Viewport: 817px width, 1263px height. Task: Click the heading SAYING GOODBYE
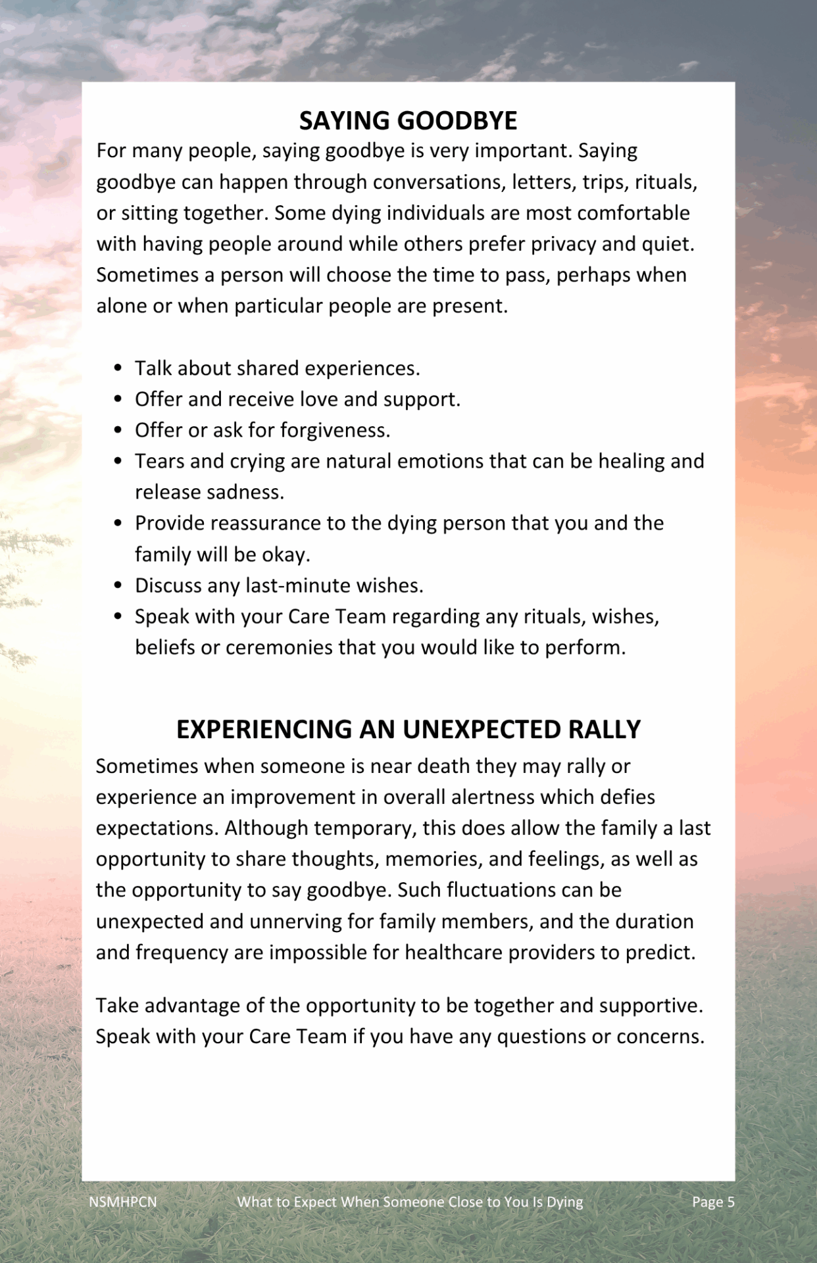408,121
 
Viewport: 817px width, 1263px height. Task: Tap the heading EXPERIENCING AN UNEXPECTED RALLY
408,730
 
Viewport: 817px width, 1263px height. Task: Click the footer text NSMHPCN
123,1202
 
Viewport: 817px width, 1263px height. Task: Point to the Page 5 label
713,1202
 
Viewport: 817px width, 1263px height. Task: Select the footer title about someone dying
410,1202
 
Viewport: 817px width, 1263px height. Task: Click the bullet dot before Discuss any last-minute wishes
118,585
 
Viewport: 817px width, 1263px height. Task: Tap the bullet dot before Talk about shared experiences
118,368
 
